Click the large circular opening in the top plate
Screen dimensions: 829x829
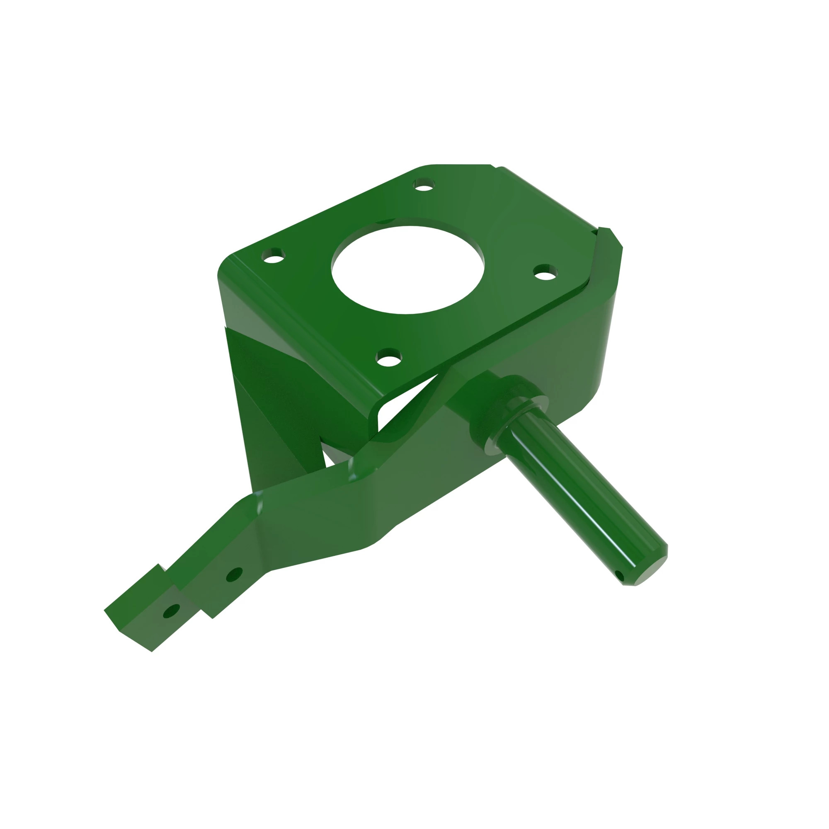point(407,269)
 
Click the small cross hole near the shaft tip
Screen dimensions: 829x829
point(618,575)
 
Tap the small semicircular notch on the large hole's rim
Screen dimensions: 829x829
point(385,221)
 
